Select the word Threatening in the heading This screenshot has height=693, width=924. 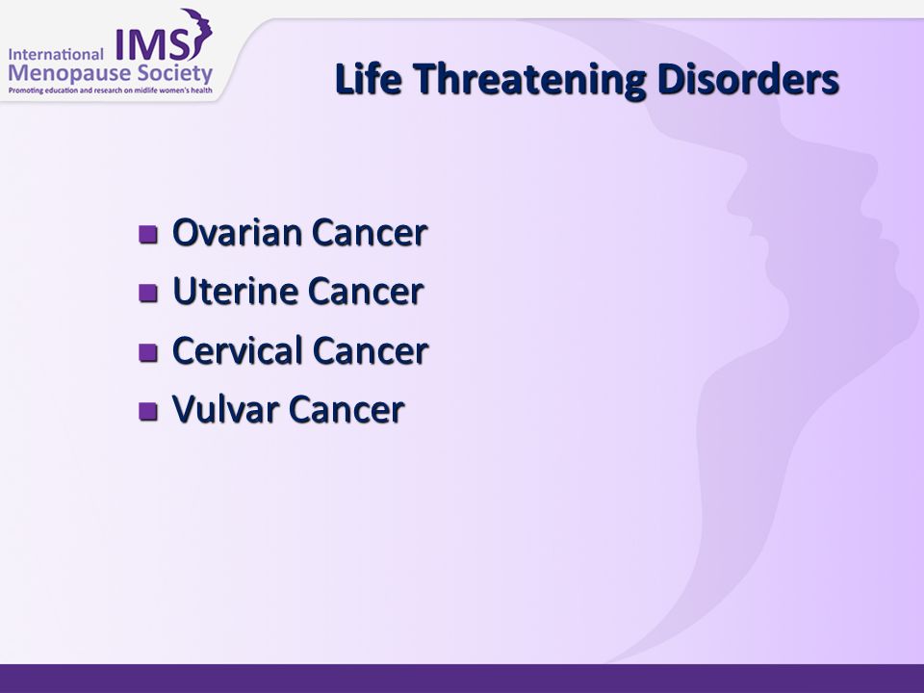529,81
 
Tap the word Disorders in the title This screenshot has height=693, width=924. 748,79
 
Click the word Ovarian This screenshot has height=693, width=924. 237,232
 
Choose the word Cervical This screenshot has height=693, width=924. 238,350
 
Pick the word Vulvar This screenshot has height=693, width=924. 225,409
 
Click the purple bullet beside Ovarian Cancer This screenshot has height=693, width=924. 148,234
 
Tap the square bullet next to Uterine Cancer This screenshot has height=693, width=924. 148,293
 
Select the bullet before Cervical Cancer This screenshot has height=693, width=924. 148,352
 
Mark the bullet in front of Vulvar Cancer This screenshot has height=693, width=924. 148,411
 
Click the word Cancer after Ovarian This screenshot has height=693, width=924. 370,233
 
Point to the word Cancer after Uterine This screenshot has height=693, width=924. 366,292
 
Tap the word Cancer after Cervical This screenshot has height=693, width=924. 370,350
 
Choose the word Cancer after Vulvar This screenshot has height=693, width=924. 346,410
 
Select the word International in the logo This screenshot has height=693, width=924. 56,54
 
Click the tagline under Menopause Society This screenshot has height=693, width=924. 110,90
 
